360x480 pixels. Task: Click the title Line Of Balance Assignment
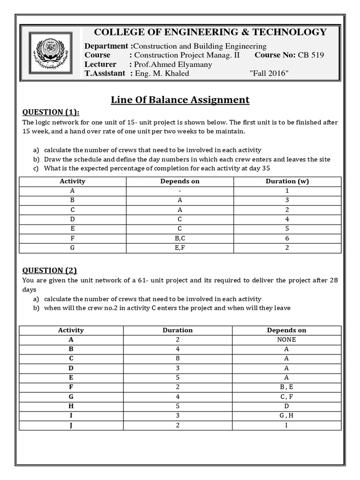(180, 99)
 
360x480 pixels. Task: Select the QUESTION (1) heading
(51, 112)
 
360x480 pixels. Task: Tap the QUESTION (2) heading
(50, 270)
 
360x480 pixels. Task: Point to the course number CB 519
(310, 55)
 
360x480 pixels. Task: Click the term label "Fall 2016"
(270, 73)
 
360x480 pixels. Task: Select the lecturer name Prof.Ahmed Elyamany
(173, 64)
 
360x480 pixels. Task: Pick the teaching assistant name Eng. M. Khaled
(162, 73)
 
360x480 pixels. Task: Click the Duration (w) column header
(287, 181)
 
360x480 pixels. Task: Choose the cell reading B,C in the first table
(180, 238)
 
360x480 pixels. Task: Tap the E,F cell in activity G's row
(180, 247)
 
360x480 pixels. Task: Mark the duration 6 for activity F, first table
(287, 238)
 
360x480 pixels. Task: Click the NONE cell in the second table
(286, 340)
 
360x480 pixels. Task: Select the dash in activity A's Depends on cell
(180, 191)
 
